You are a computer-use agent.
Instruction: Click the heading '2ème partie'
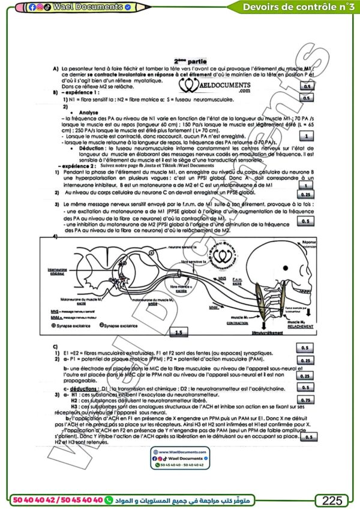click(x=190, y=61)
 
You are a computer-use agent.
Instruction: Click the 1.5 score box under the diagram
click(x=178, y=331)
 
